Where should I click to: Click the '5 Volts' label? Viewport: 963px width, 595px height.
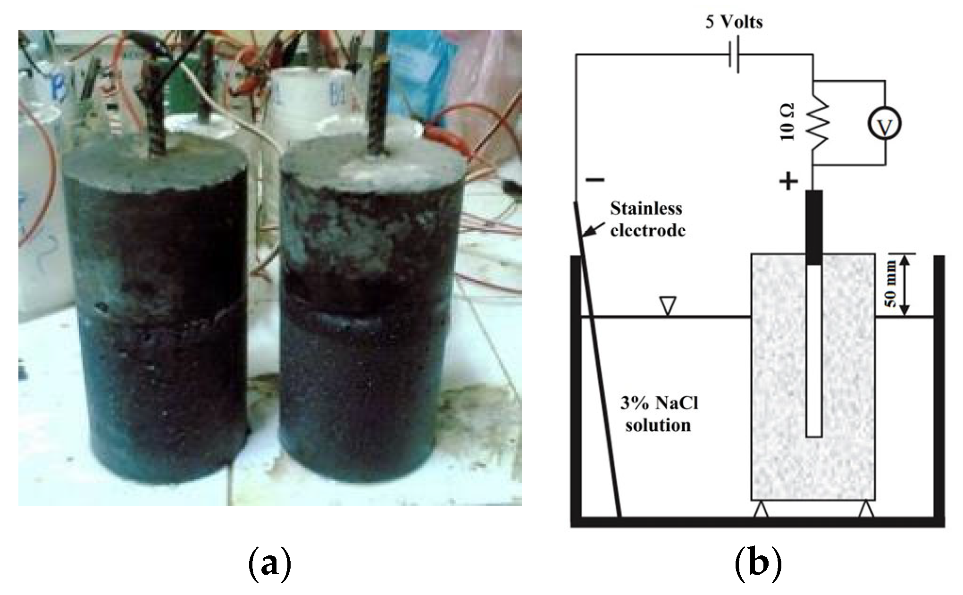pyautogui.click(x=734, y=22)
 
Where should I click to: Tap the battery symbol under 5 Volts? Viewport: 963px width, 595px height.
pyautogui.click(x=734, y=55)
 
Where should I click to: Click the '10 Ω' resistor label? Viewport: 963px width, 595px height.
pyautogui.click(x=787, y=122)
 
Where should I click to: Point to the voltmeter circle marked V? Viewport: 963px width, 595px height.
pyautogui.click(x=885, y=124)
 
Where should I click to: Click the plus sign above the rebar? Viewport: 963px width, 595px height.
pyautogui.click(x=788, y=181)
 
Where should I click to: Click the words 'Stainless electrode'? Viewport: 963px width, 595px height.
pyautogui.click(x=647, y=219)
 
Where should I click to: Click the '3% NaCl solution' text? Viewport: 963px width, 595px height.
pyautogui.click(x=659, y=414)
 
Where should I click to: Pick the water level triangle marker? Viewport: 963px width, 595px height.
pyautogui.click(x=668, y=305)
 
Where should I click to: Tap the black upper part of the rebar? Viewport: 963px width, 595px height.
pyautogui.click(x=814, y=226)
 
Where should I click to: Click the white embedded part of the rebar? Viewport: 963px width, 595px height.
pyautogui.click(x=814, y=349)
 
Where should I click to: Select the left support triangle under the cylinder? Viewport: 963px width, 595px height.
pyautogui.click(x=761, y=510)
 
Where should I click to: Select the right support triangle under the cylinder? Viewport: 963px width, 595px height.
pyautogui.click(x=865, y=510)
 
